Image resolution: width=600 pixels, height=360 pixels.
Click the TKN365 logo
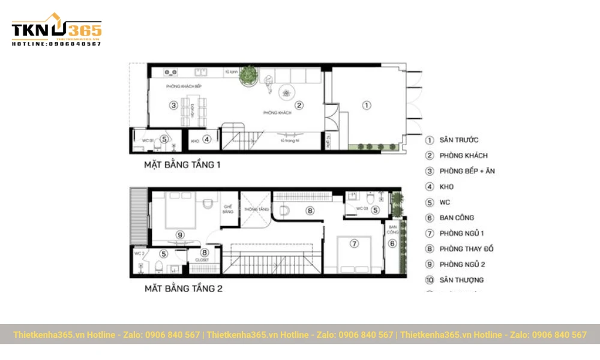[56, 29]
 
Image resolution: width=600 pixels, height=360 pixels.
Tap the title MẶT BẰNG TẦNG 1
[182, 164]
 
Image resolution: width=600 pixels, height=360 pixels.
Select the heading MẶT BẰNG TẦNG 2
[183, 289]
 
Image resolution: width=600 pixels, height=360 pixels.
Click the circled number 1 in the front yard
[367, 105]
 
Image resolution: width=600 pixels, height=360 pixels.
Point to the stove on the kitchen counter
[171, 73]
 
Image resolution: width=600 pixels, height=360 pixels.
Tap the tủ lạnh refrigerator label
[232, 72]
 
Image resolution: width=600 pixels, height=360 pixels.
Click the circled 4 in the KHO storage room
[206, 139]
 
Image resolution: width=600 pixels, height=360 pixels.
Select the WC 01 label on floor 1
[148, 140]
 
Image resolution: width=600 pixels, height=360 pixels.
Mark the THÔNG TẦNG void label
[256, 209]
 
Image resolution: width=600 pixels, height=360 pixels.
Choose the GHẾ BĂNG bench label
[228, 209]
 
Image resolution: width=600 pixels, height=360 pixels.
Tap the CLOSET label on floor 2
[202, 260]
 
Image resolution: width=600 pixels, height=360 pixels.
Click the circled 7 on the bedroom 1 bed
[355, 243]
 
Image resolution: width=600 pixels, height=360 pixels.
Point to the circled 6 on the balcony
[394, 243]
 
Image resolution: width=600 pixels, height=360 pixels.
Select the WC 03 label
[362, 209]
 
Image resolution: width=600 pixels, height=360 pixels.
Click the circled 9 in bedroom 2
[179, 235]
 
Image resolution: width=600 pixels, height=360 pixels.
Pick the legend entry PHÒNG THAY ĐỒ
[467, 249]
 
